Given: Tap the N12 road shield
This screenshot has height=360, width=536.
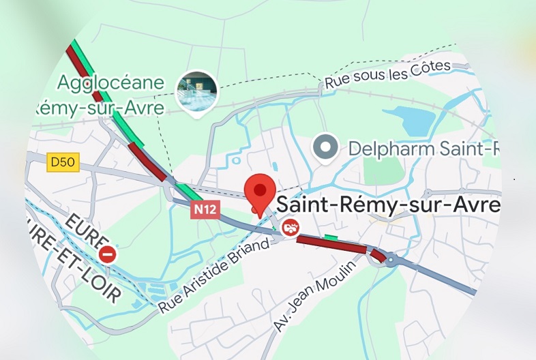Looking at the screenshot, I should coord(205,209).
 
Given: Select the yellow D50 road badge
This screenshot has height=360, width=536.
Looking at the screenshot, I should coord(63,162).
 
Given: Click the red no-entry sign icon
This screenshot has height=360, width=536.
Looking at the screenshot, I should coord(108,254).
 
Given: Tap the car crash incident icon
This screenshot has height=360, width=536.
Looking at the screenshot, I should coord(291,228).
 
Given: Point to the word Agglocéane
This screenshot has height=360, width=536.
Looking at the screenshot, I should coord(110,83).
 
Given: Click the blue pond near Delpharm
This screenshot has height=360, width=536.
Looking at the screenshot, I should coord(411,120).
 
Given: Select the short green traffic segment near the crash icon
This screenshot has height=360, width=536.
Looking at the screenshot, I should coord(331,237).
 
